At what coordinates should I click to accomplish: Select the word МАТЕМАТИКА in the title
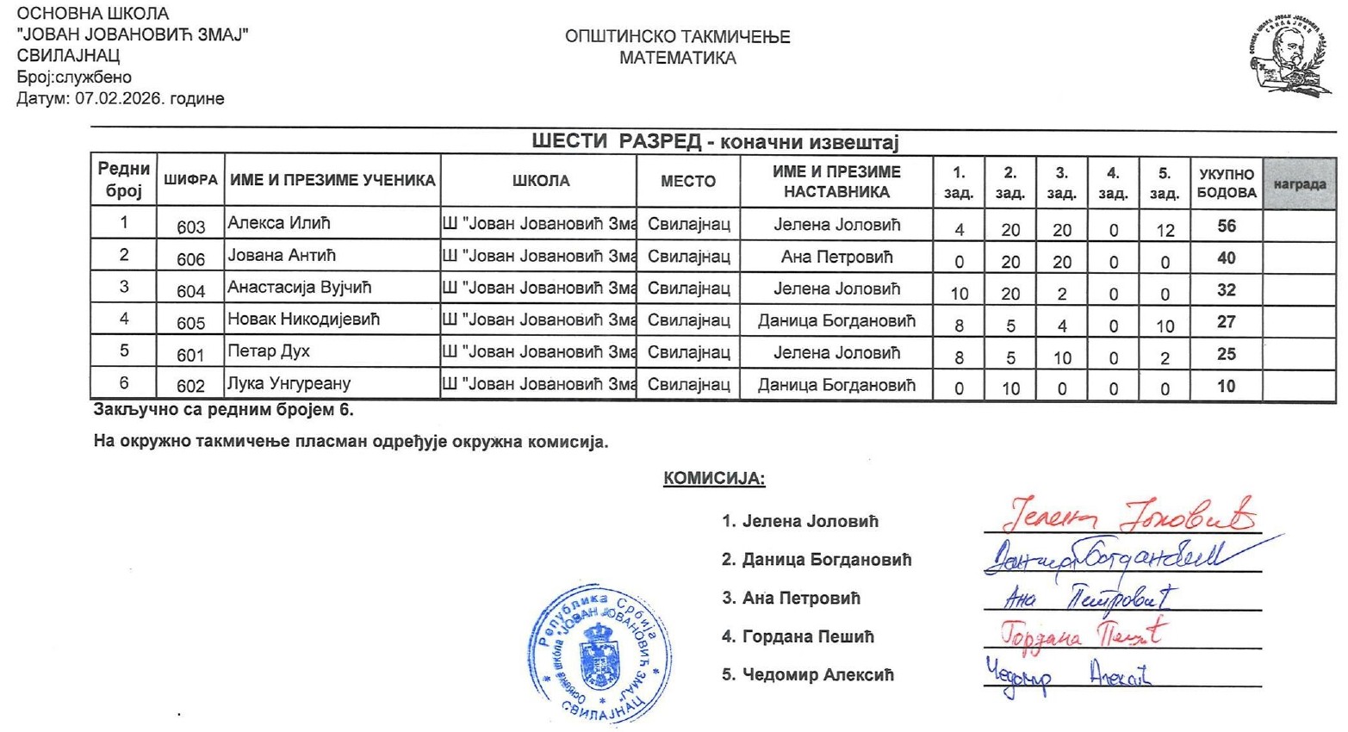[677, 59]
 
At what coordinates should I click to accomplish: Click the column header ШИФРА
[190, 181]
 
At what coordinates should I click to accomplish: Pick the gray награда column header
[1299, 183]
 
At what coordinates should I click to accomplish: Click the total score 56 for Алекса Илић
[1226, 226]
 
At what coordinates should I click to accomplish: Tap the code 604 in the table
[190, 292]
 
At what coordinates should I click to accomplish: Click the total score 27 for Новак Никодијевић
[1226, 322]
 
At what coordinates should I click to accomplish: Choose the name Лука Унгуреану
[289, 383]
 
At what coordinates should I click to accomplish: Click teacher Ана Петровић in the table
[836, 257]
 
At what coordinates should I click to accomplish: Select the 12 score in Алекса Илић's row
[1165, 230]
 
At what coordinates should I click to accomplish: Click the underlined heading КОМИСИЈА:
[714, 479]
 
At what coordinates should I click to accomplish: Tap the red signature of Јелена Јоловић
[1128, 515]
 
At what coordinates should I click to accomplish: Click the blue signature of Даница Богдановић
[1111, 555]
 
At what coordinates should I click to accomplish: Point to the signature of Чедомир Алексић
[1068, 674]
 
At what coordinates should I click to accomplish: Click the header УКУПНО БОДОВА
[1226, 183]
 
